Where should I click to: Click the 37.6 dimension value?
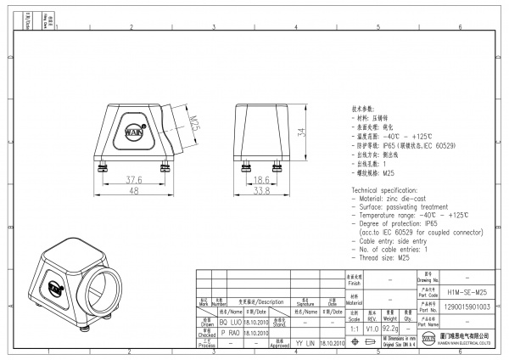[x=133, y=180]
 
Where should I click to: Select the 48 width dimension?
[x=133, y=192]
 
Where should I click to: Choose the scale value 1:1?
[x=355, y=327]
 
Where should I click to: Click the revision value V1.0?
[x=372, y=327]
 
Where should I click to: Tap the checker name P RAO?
[x=230, y=334]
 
